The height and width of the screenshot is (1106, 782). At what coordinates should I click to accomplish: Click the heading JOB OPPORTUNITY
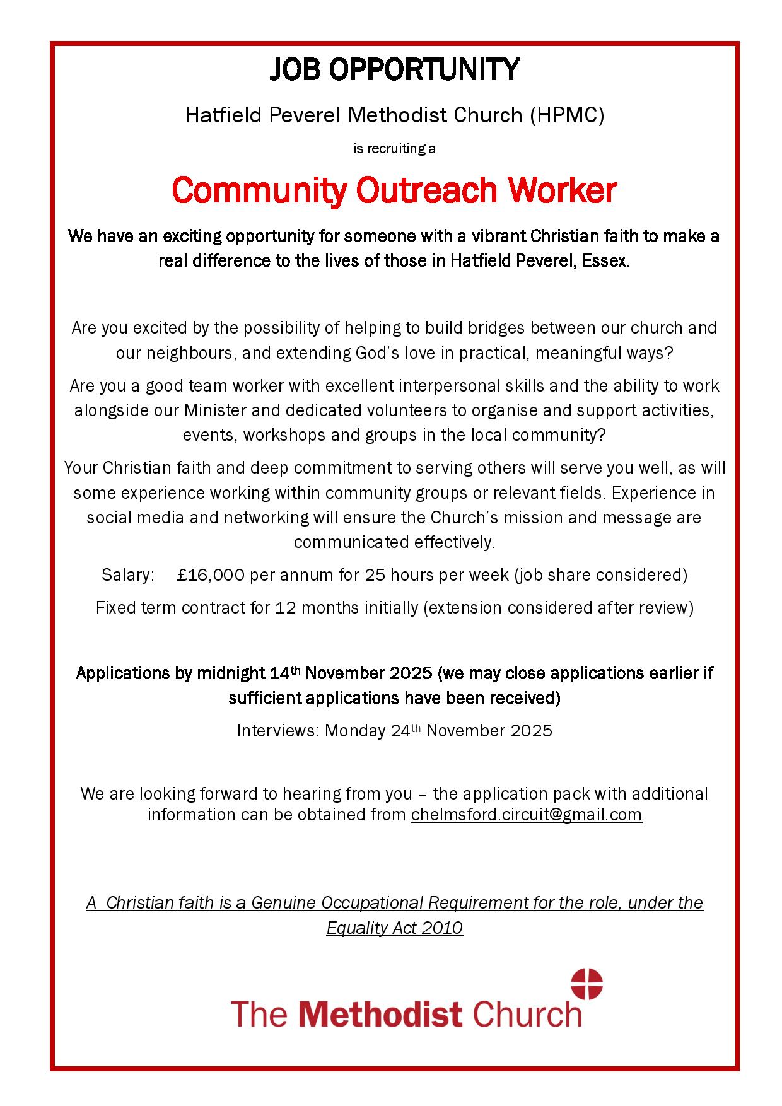click(394, 70)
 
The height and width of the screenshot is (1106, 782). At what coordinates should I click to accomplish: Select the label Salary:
click(128, 575)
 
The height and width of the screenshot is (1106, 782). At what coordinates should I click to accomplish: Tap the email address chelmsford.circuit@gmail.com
click(526, 815)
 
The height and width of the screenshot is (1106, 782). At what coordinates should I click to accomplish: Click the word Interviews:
click(277, 731)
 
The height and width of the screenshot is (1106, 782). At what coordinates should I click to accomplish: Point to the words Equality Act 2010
click(394, 928)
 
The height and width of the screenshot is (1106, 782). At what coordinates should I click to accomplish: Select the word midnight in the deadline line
click(231, 673)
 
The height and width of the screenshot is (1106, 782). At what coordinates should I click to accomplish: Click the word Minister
click(215, 410)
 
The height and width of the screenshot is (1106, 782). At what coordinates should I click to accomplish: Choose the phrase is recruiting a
click(394, 149)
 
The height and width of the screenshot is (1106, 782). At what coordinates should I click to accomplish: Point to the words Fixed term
click(132, 608)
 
